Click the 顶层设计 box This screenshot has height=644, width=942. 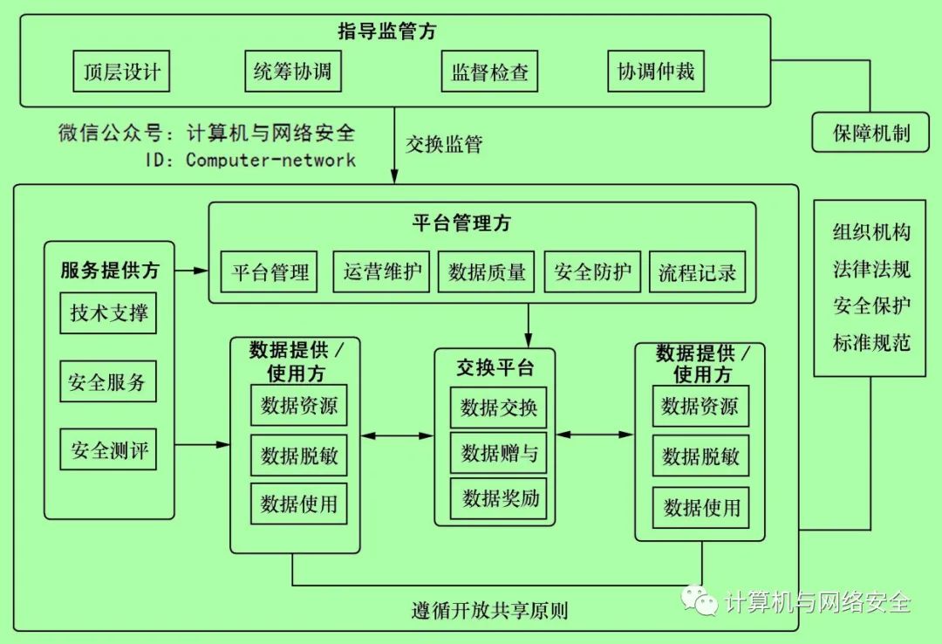click(121, 72)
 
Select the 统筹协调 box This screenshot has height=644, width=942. click(292, 72)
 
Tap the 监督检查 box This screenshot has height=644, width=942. click(489, 72)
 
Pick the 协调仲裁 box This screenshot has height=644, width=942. click(656, 72)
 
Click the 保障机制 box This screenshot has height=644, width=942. click(870, 134)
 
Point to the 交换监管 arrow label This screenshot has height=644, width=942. click(444, 144)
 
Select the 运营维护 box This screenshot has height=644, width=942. click(382, 272)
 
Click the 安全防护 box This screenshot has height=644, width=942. click(593, 272)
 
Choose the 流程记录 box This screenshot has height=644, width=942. click(698, 272)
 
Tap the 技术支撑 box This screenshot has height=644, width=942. click(109, 312)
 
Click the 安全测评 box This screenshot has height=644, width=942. click(109, 450)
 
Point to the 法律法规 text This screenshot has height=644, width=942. click(871, 269)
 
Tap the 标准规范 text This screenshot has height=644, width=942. click(871, 343)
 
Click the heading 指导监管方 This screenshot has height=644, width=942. click(387, 32)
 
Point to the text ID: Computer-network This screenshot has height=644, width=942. click(251, 160)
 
